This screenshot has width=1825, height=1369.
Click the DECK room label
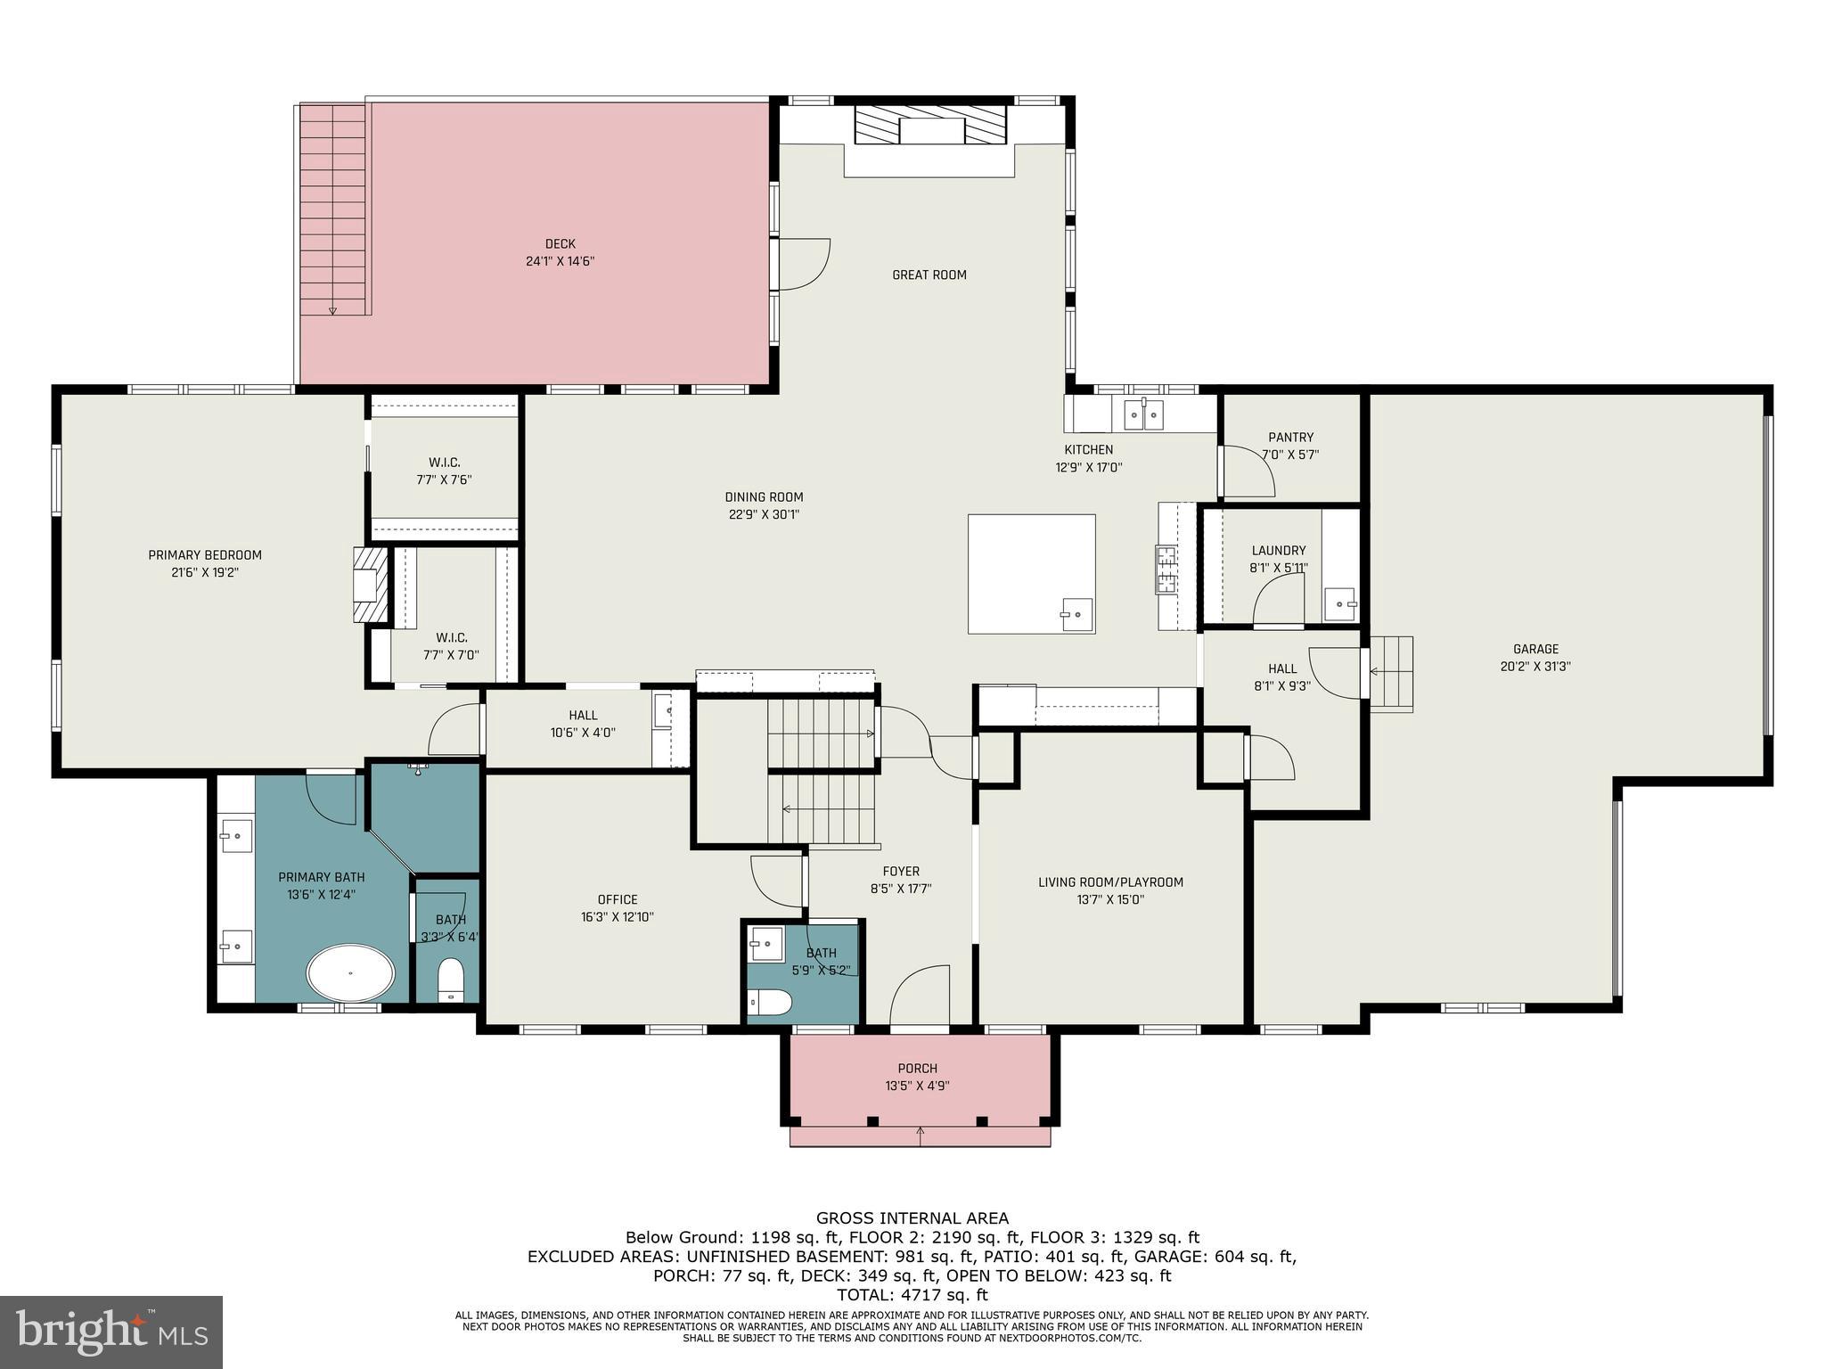tap(560, 244)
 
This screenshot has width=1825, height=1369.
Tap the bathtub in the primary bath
tap(350, 973)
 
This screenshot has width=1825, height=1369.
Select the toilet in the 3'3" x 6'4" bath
tap(451, 980)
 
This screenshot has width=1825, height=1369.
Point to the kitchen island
tap(1031, 573)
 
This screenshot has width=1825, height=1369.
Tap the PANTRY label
tap(1290, 438)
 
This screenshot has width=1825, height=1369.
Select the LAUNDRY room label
tap(1278, 551)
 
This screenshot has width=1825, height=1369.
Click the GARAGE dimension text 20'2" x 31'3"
tap(1535, 666)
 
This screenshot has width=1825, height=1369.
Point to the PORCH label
tap(917, 1069)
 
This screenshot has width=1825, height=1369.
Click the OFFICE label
tap(618, 899)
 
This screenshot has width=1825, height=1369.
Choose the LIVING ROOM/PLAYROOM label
tap(1110, 882)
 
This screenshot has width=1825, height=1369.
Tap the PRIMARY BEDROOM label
tap(205, 555)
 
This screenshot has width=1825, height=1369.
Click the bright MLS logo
tap(111, 1332)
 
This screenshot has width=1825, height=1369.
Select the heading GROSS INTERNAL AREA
tap(912, 1218)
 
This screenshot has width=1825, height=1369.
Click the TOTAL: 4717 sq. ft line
tap(912, 1295)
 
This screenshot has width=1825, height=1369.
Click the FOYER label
tap(901, 872)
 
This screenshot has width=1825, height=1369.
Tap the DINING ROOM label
tap(764, 497)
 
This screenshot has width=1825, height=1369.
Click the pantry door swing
tap(1248, 472)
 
